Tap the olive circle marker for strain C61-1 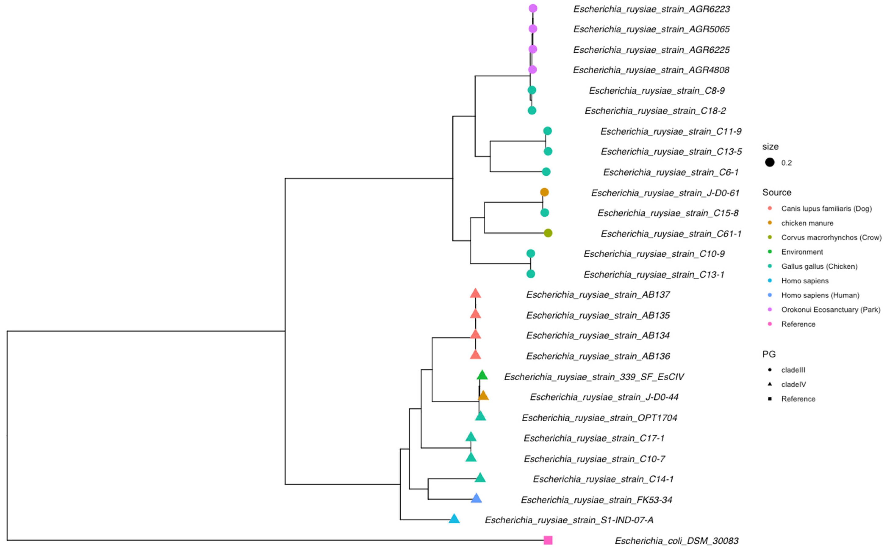[x=548, y=233]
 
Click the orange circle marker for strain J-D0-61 [x=544, y=192]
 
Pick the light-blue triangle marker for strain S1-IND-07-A [x=454, y=519]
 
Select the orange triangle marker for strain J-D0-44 [x=483, y=396]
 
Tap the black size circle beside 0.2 [x=770, y=162]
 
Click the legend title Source [x=777, y=192]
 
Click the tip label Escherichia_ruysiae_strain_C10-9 [x=654, y=254]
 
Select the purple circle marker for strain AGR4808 [x=532, y=69]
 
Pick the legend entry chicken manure [x=807, y=223]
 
